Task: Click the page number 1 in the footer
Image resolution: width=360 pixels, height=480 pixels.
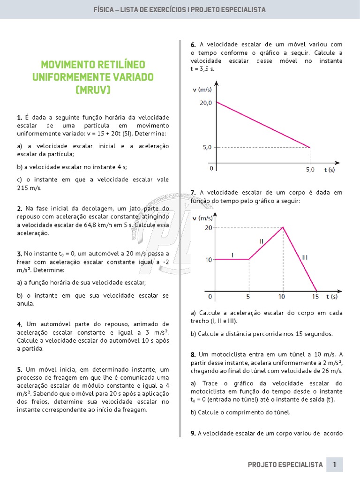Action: coord(335,465)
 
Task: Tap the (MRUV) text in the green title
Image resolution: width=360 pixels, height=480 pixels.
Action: coord(93,90)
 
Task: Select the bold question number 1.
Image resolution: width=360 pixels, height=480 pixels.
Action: coord(19,117)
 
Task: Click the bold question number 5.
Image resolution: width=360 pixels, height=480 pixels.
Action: coord(19,370)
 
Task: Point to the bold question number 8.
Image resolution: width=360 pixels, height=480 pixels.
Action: coord(193,354)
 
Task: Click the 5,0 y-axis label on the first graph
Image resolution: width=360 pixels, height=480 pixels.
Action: coord(207,147)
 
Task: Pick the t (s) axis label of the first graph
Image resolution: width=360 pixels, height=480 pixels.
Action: coord(329,170)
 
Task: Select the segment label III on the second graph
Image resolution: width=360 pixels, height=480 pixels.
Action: coord(305,257)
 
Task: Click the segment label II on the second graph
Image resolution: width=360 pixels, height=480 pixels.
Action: coord(262,241)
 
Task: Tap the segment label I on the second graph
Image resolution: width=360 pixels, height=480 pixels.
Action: coord(232,255)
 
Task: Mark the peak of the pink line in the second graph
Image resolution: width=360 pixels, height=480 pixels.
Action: coord(283,227)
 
